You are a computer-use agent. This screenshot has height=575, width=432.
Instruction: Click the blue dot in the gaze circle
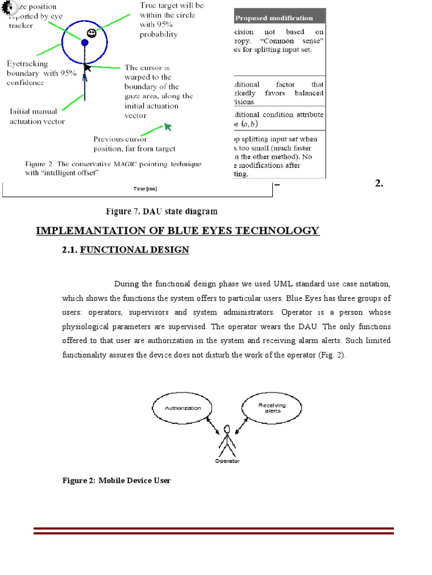pos(84,42)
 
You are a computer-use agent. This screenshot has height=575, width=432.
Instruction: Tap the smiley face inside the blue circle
pos(92,33)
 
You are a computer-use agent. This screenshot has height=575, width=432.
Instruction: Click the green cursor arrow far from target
pos(168,128)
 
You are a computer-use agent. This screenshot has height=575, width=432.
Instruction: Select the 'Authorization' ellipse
pos(182,408)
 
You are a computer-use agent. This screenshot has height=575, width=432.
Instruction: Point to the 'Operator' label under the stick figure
pos(227,461)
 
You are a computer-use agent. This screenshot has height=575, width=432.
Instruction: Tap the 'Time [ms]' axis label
pos(139,189)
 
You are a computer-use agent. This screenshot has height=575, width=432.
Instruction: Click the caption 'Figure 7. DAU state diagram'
pos(161,212)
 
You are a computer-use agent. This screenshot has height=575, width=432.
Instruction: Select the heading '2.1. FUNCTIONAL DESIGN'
pos(125,250)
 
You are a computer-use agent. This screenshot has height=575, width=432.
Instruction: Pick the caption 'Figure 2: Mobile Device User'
pos(116,481)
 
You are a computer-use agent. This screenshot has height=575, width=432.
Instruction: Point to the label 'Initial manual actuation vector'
pos(37,116)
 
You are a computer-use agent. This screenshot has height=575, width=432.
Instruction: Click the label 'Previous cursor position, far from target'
pos(134,144)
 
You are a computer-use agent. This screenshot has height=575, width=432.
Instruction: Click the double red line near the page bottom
pos(214,531)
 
